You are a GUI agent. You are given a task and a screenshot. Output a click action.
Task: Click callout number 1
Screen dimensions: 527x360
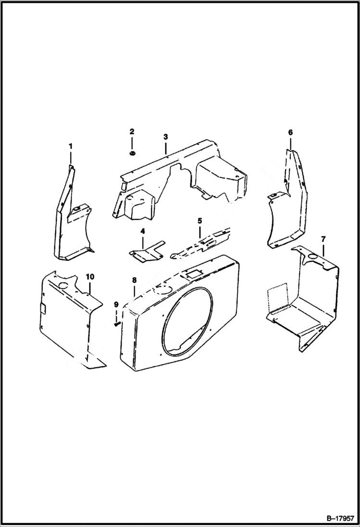[x=70, y=146]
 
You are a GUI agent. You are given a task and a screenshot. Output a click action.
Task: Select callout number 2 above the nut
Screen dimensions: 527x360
[x=132, y=132]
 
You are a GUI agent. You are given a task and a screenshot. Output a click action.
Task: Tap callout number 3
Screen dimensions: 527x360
[x=165, y=137]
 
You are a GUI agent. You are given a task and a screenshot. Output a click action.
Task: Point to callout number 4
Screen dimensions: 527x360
[x=143, y=232]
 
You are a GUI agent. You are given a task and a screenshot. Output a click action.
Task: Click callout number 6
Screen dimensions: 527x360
[x=290, y=132]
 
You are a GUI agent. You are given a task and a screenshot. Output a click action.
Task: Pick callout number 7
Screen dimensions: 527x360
[x=323, y=239]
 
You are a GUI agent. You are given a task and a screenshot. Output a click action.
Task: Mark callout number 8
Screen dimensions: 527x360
[x=134, y=280]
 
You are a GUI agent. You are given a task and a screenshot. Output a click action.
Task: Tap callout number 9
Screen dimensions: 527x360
[x=116, y=304]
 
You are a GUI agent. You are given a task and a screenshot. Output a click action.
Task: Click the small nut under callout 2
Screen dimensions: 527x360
[x=132, y=153]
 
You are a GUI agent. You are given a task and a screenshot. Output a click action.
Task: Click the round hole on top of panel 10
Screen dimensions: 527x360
[x=62, y=286]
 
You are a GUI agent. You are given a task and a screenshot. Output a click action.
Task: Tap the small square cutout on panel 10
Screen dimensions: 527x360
[x=43, y=309]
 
